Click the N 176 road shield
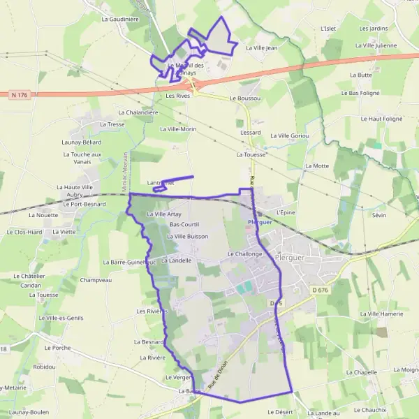click(20, 94)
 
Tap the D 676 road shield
click(320, 291)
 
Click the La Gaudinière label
click(120, 19)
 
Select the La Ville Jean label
click(262, 47)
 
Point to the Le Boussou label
click(244, 98)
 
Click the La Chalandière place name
click(139, 112)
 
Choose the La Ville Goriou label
click(289, 135)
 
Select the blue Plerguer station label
click(259, 222)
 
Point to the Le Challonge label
click(244, 254)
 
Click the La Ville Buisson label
click(188, 237)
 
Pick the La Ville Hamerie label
click(382, 314)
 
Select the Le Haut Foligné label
click(381, 119)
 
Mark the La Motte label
click(317, 166)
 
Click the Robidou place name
click(43, 367)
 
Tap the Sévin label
click(379, 215)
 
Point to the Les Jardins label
click(374, 29)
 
